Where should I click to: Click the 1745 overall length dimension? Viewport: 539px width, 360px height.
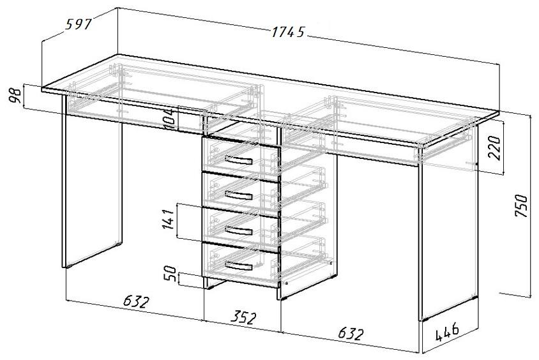[288, 32]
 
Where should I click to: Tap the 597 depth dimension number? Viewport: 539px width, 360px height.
[79, 24]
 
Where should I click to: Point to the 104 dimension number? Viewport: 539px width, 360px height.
[170, 119]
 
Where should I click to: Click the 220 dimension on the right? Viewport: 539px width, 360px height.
[494, 147]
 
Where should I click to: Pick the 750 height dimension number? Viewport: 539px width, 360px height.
[521, 206]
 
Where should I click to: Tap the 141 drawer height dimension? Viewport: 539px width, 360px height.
[168, 219]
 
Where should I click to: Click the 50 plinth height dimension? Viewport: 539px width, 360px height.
[171, 274]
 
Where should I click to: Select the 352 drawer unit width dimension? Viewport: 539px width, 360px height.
[243, 317]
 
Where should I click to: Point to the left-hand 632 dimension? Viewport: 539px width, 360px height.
[137, 302]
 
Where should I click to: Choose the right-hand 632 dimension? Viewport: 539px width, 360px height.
[351, 334]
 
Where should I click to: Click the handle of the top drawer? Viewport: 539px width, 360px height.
[239, 160]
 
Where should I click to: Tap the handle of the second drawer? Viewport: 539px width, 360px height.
[239, 195]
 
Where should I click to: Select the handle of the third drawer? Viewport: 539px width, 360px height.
[239, 230]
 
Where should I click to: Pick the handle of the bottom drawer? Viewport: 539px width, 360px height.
[239, 265]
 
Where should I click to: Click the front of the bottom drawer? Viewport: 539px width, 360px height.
[241, 265]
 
